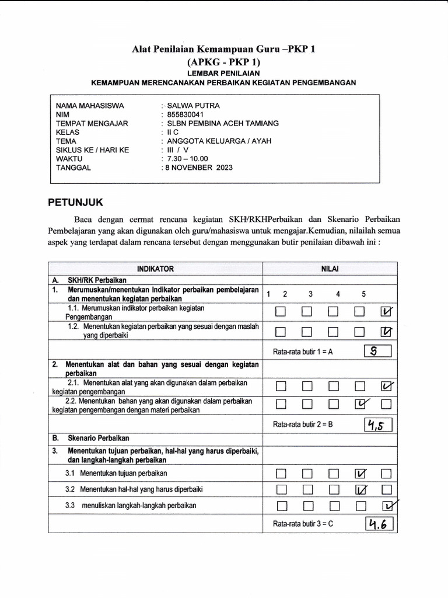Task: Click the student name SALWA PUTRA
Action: tap(194, 106)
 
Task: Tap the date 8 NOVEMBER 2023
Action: tap(198, 167)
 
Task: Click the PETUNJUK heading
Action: tap(75, 202)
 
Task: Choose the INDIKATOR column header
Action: tap(155, 269)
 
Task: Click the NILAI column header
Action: tap(330, 269)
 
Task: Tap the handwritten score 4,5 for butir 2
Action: tap(378, 425)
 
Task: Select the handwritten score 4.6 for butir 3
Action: tap(379, 524)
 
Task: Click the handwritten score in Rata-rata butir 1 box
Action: tap(377, 351)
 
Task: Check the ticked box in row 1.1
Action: tap(386, 312)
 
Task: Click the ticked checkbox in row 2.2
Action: tap(360, 404)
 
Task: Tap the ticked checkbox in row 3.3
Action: tap(387, 505)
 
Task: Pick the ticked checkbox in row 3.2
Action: tap(360, 489)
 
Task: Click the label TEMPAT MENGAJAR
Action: tap(92, 123)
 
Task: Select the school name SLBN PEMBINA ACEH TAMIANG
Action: tap(222, 123)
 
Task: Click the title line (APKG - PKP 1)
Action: tap(223, 62)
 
